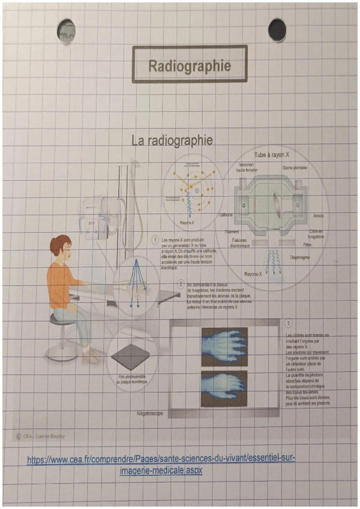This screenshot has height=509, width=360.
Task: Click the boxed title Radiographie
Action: [189, 65]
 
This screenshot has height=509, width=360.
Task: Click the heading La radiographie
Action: [172, 140]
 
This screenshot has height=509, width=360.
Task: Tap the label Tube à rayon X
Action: [272, 155]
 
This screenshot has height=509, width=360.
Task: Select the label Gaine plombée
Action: [295, 168]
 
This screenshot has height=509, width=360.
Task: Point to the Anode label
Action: [318, 216]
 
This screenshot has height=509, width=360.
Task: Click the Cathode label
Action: [226, 215]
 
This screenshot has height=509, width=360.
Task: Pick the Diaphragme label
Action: [300, 257]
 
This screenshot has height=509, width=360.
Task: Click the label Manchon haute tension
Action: [247, 167]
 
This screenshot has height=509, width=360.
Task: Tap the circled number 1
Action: [155, 240]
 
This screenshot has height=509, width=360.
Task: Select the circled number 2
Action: [180, 284]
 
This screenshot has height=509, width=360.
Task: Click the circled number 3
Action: [288, 323]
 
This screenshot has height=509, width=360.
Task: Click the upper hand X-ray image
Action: [224, 347]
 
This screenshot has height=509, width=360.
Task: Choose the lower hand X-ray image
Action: [224, 389]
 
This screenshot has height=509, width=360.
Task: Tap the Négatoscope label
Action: [150, 413]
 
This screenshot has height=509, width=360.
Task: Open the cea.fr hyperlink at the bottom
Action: [161, 464]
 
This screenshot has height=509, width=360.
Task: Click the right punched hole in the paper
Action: [277, 30]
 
